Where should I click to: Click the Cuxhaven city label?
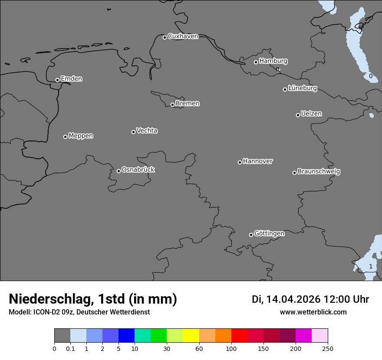[x=183, y=36]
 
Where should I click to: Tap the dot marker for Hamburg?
[x=256, y=62]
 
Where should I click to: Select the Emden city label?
[x=71, y=79]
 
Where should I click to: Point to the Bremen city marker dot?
[x=172, y=105]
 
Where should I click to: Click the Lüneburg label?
[x=302, y=88]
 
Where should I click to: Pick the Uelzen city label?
[x=311, y=114]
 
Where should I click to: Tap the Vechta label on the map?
[x=147, y=131]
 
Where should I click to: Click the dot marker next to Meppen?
[x=65, y=137]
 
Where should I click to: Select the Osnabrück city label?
[x=138, y=170]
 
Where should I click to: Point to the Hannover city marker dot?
[x=240, y=162]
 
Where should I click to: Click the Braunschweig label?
[x=319, y=172]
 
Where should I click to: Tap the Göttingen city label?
[x=269, y=234]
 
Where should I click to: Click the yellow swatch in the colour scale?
[x=191, y=336]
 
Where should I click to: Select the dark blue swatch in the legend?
[x=126, y=336]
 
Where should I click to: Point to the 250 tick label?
[x=328, y=348]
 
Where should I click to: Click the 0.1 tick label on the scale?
[x=70, y=348]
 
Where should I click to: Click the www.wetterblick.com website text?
[x=313, y=312]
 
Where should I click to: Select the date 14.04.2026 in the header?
[x=293, y=299]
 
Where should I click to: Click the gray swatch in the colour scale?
[x=62, y=336]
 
